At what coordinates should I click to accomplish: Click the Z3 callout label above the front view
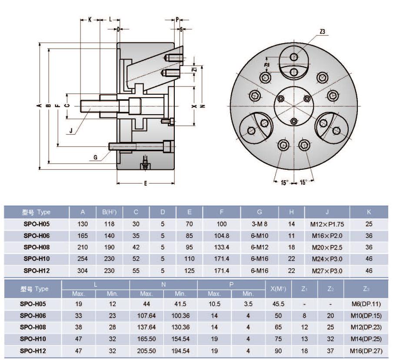point(322,32)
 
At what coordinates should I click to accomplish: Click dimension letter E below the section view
point(145,183)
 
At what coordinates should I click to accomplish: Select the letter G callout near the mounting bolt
point(95,157)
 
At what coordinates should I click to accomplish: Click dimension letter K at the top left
point(90,20)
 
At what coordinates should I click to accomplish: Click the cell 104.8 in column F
point(222,236)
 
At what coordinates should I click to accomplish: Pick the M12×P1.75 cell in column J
point(327,224)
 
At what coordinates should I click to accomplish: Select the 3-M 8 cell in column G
point(259,224)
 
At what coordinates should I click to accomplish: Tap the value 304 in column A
point(83,271)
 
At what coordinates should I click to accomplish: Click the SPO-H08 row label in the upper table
point(37,248)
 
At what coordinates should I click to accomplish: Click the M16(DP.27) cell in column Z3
point(366,350)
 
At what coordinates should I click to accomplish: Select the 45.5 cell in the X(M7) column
point(278,304)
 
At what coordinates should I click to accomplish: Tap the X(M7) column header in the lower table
point(278,288)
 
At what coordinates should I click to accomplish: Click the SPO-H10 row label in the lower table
point(33,339)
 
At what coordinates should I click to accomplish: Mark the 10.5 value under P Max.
point(214,304)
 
